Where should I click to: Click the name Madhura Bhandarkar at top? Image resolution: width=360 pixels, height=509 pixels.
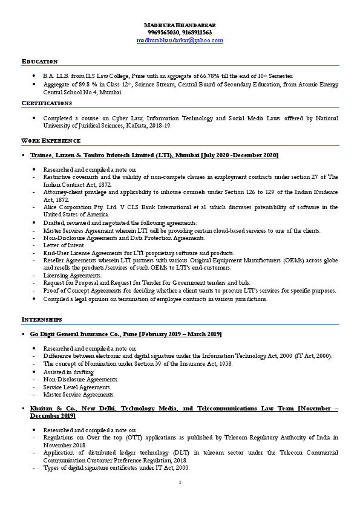tap(180, 24)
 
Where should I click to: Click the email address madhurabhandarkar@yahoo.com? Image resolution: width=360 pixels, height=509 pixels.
tap(180, 40)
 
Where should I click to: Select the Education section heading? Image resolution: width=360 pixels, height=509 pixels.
tap(40, 62)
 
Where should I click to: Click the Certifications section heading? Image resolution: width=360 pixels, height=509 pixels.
tap(47, 103)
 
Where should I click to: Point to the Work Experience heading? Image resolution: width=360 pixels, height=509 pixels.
tap(51, 140)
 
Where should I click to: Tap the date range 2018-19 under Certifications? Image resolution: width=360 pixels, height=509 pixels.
tap(160, 126)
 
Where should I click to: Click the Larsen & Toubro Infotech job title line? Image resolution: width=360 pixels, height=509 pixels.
tap(154, 156)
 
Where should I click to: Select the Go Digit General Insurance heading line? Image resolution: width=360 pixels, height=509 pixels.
tap(126, 334)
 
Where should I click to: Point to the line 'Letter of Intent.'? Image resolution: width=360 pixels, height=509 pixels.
tap(63, 245)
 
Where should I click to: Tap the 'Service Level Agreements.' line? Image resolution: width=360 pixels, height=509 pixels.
tap(77, 387)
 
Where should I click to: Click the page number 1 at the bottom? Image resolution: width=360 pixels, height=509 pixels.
tap(180, 482)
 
